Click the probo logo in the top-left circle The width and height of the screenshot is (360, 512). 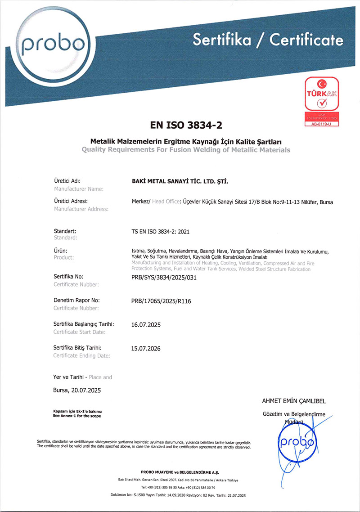52,45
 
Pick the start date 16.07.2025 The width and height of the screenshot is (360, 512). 145,324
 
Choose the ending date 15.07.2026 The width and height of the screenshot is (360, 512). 145,348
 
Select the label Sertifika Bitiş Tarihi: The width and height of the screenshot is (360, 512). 77,348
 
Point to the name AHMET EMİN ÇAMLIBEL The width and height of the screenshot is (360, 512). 294,401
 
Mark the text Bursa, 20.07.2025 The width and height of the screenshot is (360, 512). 77,390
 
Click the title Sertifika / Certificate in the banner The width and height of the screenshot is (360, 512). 268,40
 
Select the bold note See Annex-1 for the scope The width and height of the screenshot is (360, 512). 77,416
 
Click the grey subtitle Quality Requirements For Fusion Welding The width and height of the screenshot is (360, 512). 186,149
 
